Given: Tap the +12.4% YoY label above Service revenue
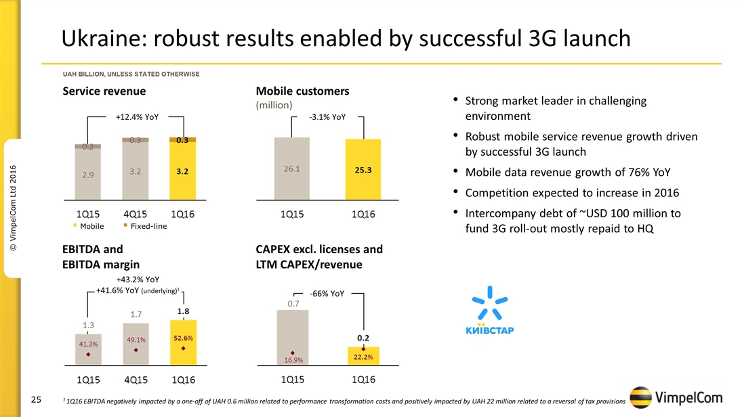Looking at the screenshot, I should coord(137,117).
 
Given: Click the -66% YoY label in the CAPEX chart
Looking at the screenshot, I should coord(327,294).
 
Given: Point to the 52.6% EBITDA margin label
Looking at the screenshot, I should coord(183,338).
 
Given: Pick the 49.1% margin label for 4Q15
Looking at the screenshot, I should coord(136,340).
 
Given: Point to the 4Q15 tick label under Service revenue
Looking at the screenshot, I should coord(136,213).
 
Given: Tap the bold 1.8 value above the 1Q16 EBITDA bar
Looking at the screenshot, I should coord(183,311).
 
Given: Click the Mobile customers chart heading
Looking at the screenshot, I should coord(302,91).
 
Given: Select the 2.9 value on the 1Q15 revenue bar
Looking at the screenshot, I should coord(88,175).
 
